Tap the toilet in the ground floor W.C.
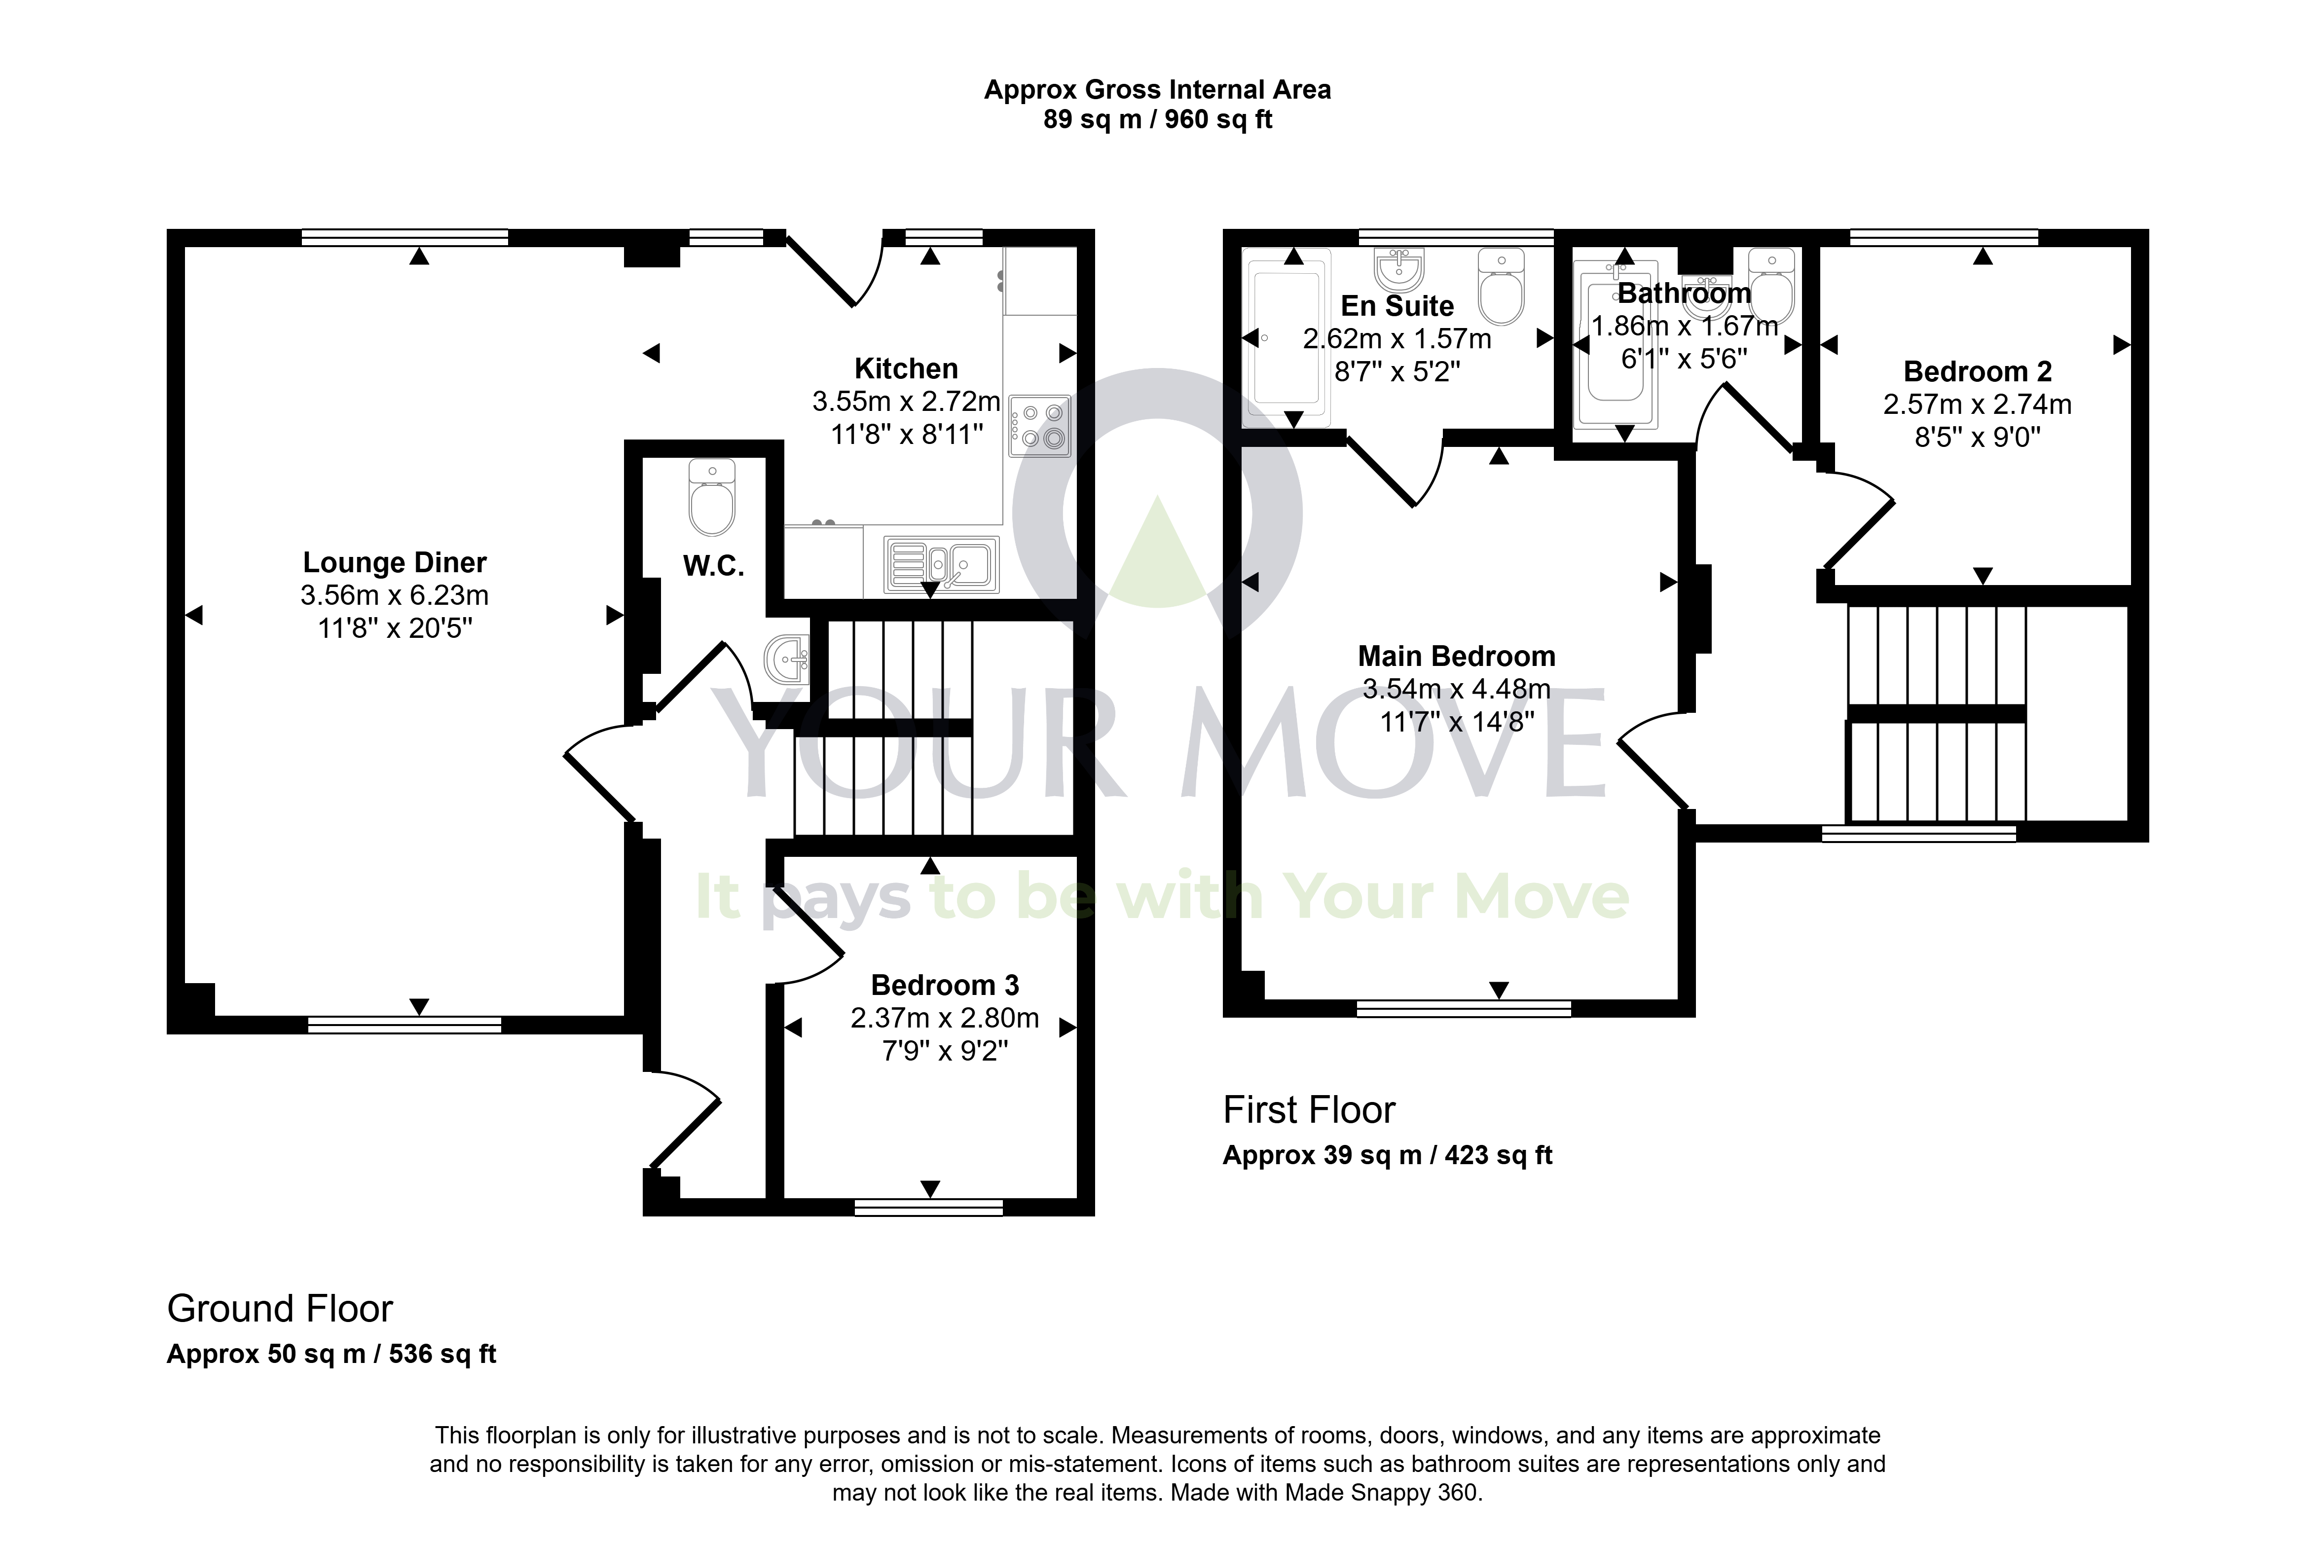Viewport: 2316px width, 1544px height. pyautogui.click(x=712, y=497)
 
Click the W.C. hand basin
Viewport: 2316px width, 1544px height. pyautogui.click(x=787, y=658)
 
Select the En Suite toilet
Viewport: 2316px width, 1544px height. pyautogui.click(x=1502, y=287)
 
